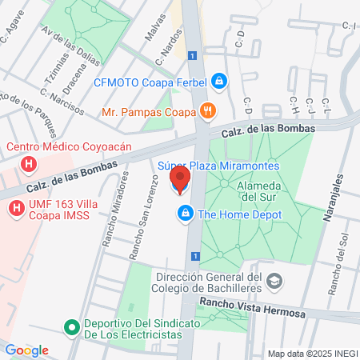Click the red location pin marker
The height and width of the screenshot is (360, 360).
180,180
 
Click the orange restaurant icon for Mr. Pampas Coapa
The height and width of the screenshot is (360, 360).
207,111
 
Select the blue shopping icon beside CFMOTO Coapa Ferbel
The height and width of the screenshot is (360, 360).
219,82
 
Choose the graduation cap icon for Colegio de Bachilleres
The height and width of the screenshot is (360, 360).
275,281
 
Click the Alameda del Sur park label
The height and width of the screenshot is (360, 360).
258,190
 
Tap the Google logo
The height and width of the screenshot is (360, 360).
26,350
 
